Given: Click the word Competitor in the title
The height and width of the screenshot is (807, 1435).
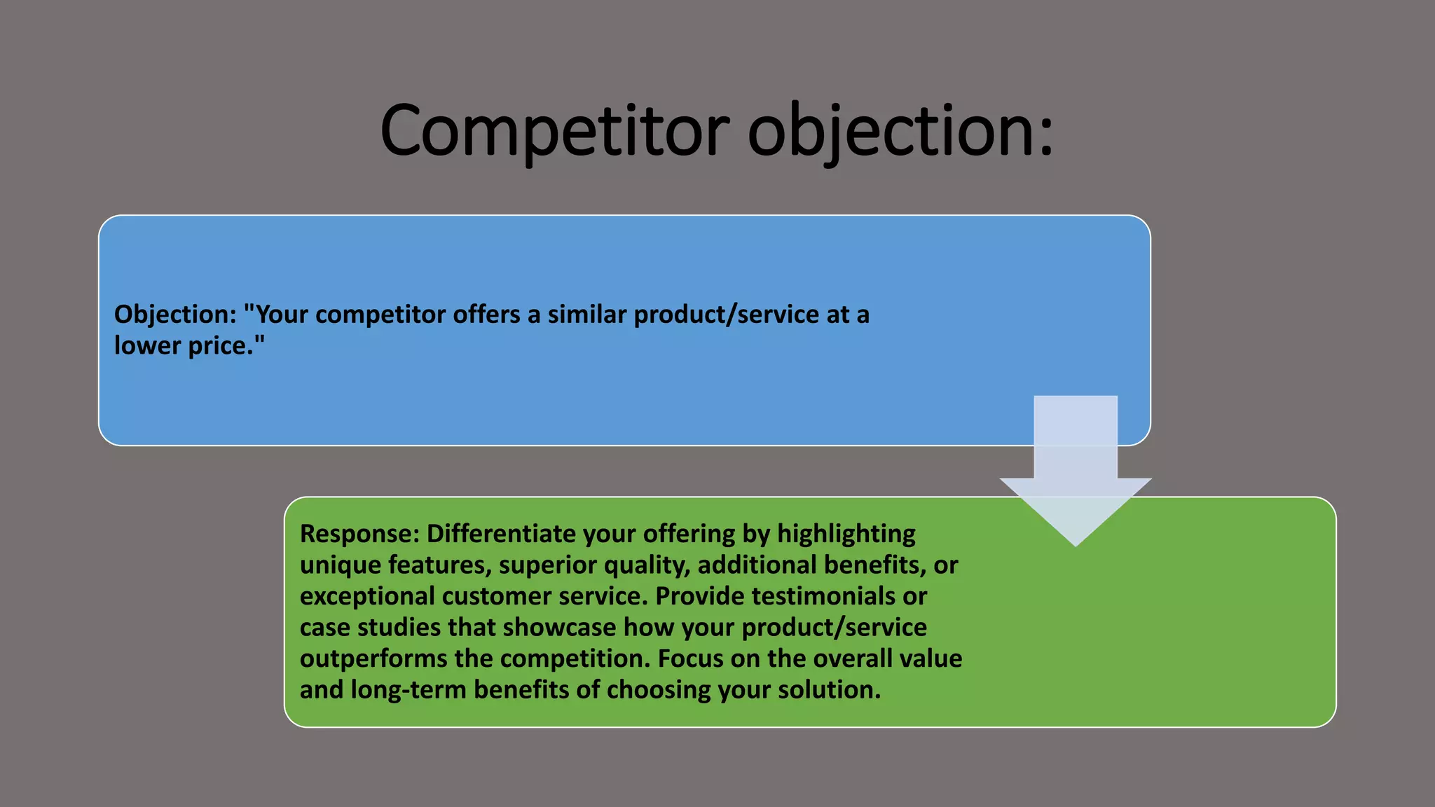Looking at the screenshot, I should (x=554, y=131).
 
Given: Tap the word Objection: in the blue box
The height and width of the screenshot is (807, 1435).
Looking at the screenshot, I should (x=175, y=315).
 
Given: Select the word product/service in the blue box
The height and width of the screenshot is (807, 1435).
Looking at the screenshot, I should (x=726, y=315).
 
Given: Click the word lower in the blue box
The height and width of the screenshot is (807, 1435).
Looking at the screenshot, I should (x=147, y=345).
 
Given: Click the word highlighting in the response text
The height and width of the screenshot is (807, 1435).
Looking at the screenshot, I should (x=846, y=534).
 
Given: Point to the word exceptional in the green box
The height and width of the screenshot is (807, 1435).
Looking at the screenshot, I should (x=366, y=596).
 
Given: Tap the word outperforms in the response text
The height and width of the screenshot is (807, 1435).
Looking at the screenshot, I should (x=373, y=658).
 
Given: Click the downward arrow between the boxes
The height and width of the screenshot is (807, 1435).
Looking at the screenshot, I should (x=1075, y=476).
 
